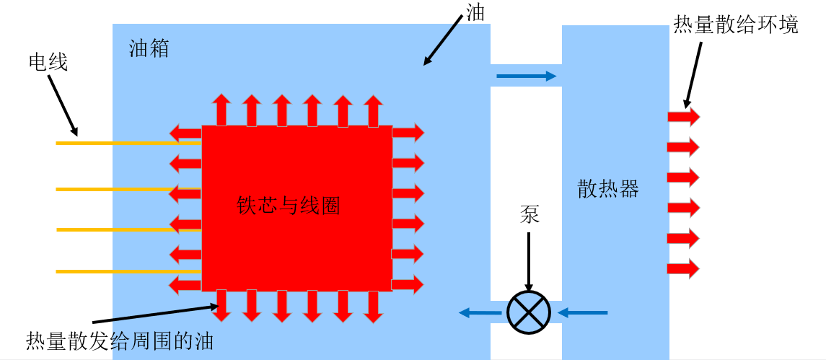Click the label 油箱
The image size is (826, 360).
(x=149, y=49)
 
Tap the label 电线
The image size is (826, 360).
(x=48, y=63)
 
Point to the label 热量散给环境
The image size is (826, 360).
(x=736, y=25)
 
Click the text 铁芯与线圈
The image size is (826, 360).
(x=289, y=206)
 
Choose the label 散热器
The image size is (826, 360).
(x=608, y=189)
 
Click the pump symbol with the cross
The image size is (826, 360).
(x=529, y=312)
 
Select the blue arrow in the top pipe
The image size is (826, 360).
(x=526, y=75)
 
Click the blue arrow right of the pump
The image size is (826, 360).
(x=583, y=312)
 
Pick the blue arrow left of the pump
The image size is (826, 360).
(x=480, y=312)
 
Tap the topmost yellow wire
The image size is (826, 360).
(x=128, y=144)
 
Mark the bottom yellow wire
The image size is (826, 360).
(x=128, y=271)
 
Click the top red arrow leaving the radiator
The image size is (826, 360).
(x=683, y=117)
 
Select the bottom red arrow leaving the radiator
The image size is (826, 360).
(x=683, y=269)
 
